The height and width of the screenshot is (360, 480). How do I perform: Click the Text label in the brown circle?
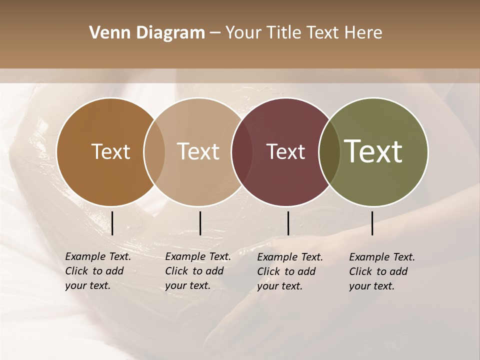(110, 152)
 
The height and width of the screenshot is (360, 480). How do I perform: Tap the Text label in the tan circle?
(198, 152)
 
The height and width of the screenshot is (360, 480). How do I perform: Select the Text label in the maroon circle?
(285, 152)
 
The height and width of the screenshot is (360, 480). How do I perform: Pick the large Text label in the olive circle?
(373, 151)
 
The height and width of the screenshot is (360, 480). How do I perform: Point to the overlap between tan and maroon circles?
(241, 152)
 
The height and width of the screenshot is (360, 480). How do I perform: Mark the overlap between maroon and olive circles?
(329, 152)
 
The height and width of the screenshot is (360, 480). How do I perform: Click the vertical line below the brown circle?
(112, 223)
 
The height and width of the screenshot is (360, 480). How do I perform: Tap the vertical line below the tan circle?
(200, 223)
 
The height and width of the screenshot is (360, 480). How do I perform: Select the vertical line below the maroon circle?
(288, 223)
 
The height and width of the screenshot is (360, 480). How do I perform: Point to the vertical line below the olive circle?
(372, 223)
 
